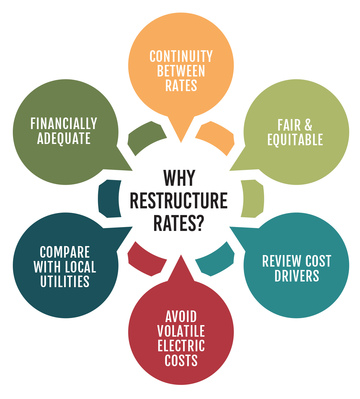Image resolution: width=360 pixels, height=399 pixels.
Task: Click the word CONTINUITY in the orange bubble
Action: click(181, 56)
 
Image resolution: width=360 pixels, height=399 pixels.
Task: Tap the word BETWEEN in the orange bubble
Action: click(181, 71)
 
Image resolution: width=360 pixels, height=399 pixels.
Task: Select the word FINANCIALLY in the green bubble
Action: click(64, 124)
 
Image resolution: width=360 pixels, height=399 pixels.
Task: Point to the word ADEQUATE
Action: click(64, 139)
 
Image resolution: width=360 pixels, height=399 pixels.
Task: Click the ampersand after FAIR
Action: click(308, 125)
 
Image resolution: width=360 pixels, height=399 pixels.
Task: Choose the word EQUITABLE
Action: click(295, 140)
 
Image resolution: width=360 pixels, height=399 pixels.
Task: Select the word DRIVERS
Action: click(297, 276)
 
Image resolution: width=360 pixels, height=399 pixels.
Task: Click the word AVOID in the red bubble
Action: click(181, 317)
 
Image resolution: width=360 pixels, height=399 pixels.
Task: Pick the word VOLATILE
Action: click(181, 331)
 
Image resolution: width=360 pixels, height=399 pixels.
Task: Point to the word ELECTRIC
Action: click(181, 346)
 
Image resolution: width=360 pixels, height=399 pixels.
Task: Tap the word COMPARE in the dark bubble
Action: click(65, 252)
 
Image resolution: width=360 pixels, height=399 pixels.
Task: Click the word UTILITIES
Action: click(65, 281)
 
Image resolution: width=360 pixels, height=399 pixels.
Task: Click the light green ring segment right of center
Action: click(253, 199)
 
